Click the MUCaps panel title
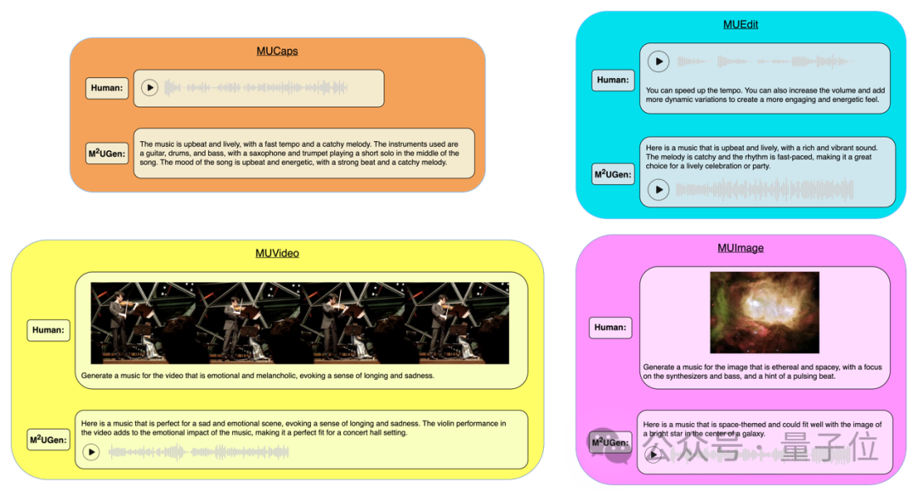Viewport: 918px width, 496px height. pos(277,51)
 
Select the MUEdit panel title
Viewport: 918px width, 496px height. pos(740,25)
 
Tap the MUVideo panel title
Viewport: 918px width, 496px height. pos(277,253)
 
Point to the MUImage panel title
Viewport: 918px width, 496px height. pos(740,248)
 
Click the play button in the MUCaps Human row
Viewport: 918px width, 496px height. pos(150,87)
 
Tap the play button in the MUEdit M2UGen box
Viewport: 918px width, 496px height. pos(659,189)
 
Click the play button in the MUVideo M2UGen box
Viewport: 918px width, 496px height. pos(92,453)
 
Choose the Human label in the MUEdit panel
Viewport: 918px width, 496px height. pos(612,80)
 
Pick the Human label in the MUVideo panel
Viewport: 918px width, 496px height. pos(48,330)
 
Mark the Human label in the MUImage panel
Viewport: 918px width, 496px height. pos(610,327)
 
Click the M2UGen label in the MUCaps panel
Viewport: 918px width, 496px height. pos(108,154)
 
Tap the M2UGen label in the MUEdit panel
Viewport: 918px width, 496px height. pos(612,174)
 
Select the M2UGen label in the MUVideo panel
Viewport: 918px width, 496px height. pos(48,439)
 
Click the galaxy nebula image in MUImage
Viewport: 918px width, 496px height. pos(764,313)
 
